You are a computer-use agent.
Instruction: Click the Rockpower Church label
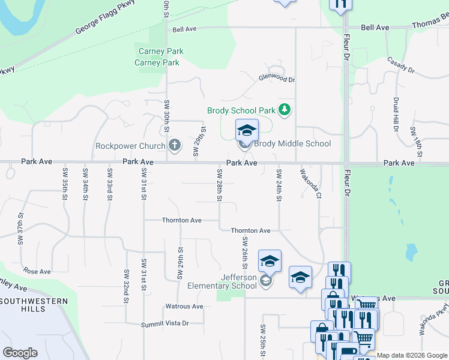click(130, 146)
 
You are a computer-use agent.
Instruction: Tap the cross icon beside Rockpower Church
click(175, 145)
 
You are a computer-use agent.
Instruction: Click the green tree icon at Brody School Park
click(285, 109)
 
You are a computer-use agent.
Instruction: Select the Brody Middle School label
click(292, 143)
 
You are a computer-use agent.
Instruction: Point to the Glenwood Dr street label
click(277, 78)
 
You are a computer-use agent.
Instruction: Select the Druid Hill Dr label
click(396, 115)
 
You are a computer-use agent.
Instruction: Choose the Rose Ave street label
click(37, 271)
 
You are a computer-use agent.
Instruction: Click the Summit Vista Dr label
click(164, 323)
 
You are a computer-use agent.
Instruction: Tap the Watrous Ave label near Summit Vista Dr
click(184, 306)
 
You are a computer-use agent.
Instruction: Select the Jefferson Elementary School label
click(222, 281)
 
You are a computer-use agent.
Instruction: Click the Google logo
click(20, 352)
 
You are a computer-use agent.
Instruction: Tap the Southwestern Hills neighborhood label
click(23, 305)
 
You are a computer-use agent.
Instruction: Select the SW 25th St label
click(263, 339)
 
